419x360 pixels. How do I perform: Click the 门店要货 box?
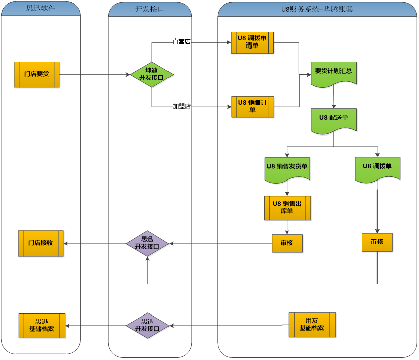pyautogui.click(x=37, y=75)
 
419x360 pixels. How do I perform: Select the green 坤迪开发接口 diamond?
pyautogui.click(x=152, y=75)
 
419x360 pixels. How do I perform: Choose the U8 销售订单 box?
pyautogui.click(x=253, y=107)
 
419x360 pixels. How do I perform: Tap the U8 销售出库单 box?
pyautogui.click(x=287, y=208)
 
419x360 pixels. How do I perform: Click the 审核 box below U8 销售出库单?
pyautogui.click(x=287, y=243)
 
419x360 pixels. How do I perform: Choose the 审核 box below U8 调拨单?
pyautogui.click(x=377, y=242)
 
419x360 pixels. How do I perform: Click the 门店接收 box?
pyautogui.click(x=41, y=244)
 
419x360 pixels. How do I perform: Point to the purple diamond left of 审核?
pyautogui.click(x=147, y=243)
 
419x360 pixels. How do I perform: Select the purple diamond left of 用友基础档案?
pyautogui.click(x=147, y=325)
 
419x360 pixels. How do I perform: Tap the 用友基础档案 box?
pyautogui.click(x=312, y=325)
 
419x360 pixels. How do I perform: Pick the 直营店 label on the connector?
pyautogui.click(x=182, y=42)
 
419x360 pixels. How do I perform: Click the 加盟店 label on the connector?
pyautogui.click(x=182, y=107)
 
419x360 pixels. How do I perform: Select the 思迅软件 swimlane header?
pyautogui.click(x=40, y=9)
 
